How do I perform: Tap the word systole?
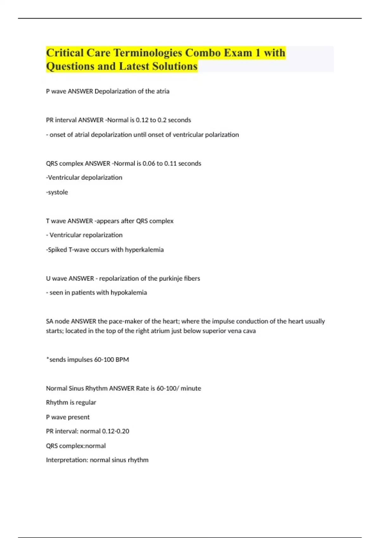[x=58, y=192]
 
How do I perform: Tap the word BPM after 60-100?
[x=122, y=360]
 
